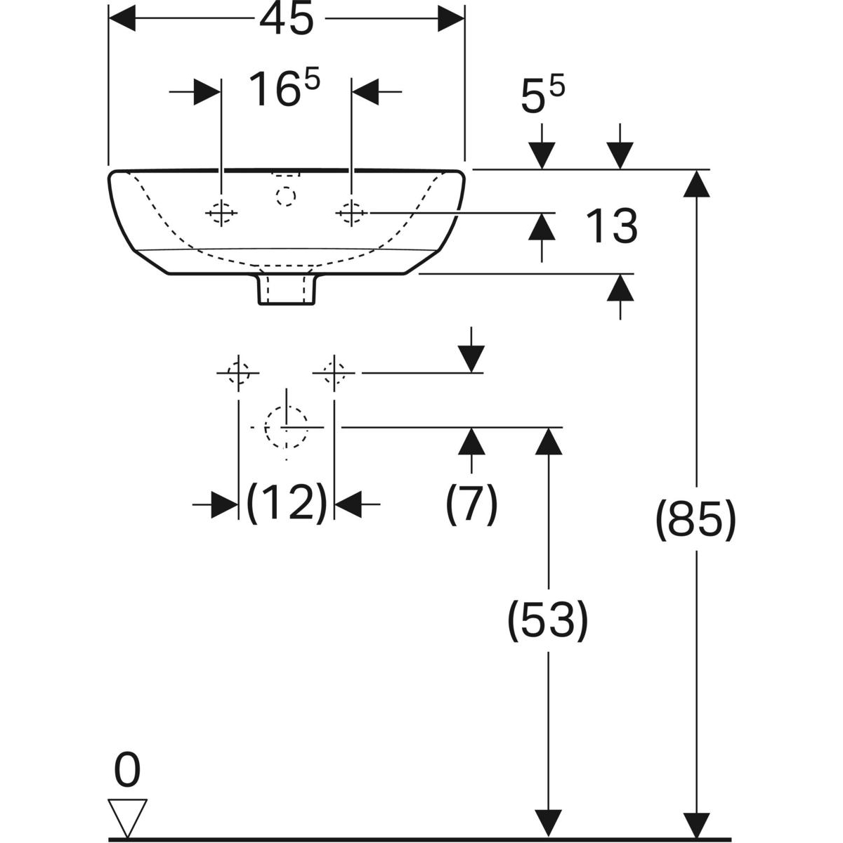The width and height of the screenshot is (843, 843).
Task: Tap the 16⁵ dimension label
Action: click(284, 90)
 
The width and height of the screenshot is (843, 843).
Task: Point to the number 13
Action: click(611, 226)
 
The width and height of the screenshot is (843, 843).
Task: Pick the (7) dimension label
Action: click(471, 503)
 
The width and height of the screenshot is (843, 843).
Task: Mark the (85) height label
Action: click(695, 521)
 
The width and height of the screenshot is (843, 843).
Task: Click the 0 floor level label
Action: click(127, 770)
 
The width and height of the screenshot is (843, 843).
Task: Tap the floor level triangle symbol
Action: click(127, 816)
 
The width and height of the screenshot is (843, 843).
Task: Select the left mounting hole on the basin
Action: click(221, 211)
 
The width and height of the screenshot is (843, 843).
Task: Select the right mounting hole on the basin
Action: click(351, 211)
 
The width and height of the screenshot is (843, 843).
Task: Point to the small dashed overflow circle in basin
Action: click(287, 196)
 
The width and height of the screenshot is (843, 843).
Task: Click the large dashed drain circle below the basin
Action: click(287, 426)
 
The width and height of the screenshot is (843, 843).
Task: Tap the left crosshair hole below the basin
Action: click(239, 372)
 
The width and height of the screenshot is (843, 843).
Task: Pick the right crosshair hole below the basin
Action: click(334, 372)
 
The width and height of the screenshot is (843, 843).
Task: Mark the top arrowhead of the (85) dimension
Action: click(696, 183)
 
